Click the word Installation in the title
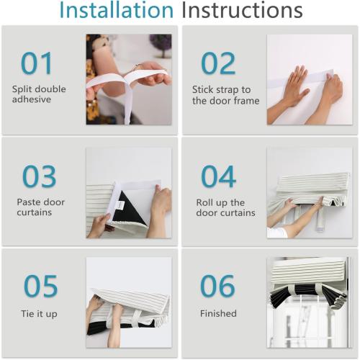[x=116, y=10]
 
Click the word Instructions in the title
[x=242, y=10]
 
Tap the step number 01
[x=37, y=63]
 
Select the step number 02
[x=218, y=63]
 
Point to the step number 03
[x=40, y=176]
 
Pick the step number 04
[x=218, y=176]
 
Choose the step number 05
[x=41, y=286]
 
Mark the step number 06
[x=217, y=286]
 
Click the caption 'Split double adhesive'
[x=39, y=94]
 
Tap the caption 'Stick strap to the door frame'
[x=225, y=95]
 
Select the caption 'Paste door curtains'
[x=40, y=207]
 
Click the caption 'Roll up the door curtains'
[x=225, y=208]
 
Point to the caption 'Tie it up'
[x=39, y=314]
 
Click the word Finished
[x=218, y=313]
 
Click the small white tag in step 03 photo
[x=120, y=205]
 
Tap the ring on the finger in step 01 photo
[x=137, y=67]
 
